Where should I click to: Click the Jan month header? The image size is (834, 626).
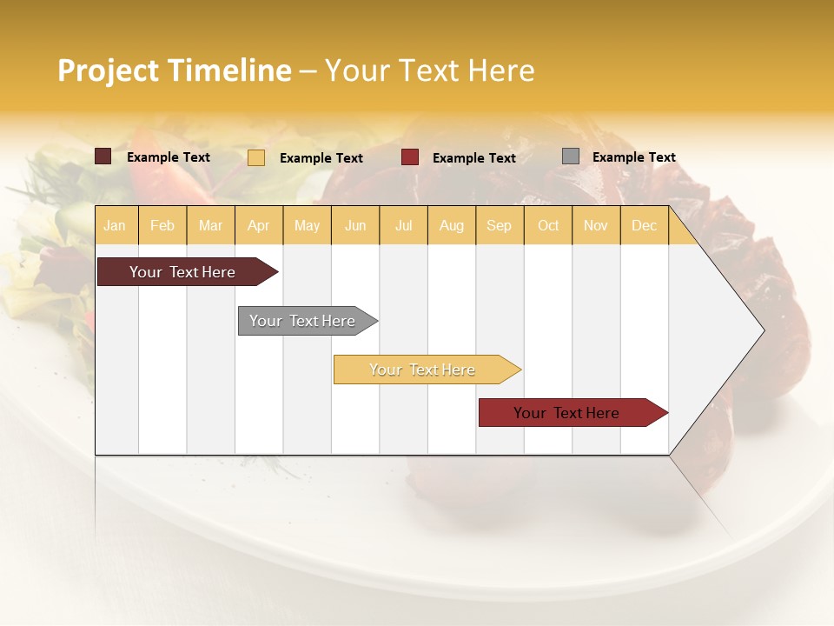[115, 225]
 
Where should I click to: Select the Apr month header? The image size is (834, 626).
[258, 225]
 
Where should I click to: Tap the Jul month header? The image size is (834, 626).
[403, 225]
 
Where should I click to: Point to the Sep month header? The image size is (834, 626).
[499, 225]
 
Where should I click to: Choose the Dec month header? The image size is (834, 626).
[644, 225]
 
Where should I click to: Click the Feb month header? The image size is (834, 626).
[162, 225]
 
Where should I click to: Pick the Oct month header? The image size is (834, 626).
[548, 225]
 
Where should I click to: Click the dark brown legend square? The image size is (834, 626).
[103, 156]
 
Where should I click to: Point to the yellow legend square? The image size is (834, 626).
[256, 157]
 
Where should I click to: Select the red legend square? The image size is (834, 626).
[410, 157]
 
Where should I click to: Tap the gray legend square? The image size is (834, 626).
[571, 156]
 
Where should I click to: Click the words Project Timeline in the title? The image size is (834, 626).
[174, 70]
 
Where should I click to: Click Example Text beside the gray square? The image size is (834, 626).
[633, 157]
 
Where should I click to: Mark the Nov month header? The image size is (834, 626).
[596, 225]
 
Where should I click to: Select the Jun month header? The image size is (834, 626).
[355, 225]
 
